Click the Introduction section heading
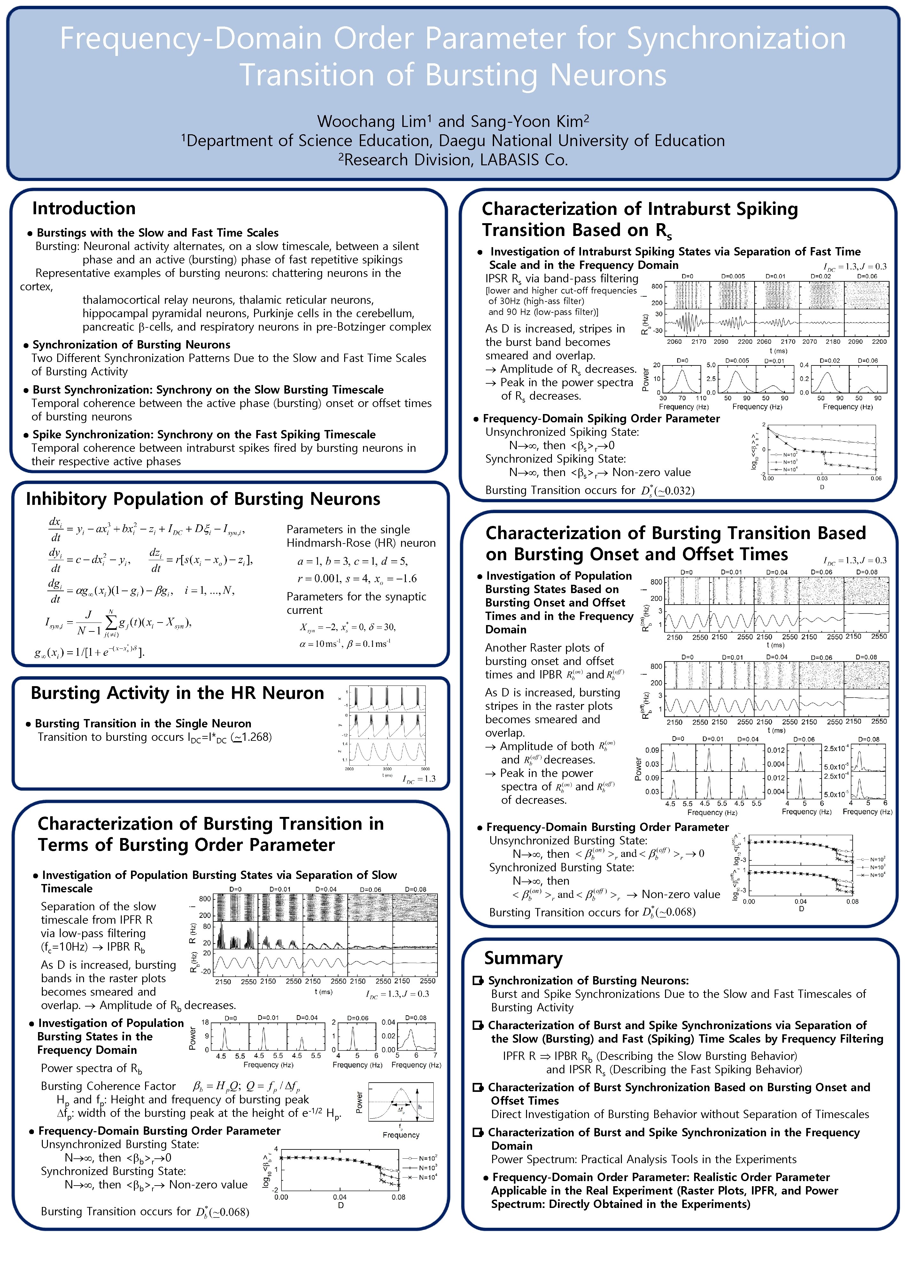pos(84,208)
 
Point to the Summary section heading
pos(523,958)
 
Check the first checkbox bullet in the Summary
pos(477,981)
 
